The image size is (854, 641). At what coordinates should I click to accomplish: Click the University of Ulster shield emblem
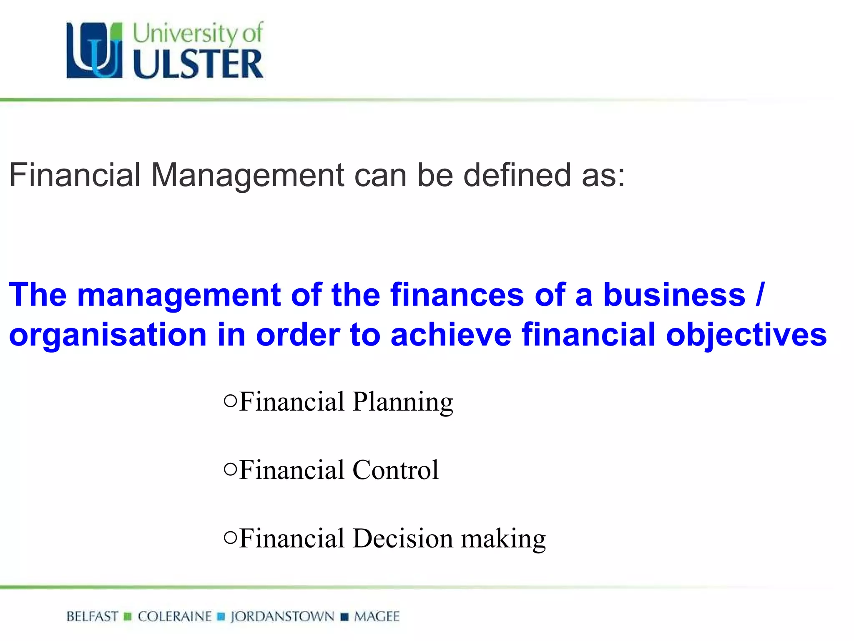[95, 50]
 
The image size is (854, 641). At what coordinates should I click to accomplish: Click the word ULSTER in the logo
[198, 64]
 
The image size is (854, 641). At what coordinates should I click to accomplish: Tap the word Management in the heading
[248, 175]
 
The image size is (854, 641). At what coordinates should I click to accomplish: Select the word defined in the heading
[517, 174]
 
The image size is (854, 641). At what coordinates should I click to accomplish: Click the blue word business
[674, 295]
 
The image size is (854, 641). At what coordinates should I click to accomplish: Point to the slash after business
[760, 295]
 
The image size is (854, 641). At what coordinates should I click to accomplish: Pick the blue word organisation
[108, 335]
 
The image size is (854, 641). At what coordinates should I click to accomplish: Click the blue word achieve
[451, 335]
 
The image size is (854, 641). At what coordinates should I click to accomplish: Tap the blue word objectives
[746, 335]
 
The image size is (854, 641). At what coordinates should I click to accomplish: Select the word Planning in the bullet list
[403, 402]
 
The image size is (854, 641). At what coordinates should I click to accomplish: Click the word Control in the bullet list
[395, 470]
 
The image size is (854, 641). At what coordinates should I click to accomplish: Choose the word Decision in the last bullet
[402, 538]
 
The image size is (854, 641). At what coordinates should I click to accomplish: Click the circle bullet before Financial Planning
[230, 401]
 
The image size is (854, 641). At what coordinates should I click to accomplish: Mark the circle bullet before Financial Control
[230, 469]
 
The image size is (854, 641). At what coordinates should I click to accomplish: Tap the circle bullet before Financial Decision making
[230, 537]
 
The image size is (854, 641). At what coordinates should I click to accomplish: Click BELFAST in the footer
[92, 616]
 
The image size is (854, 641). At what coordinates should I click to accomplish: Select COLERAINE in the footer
[175, 616]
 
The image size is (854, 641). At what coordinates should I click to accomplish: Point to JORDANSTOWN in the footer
[282, 616]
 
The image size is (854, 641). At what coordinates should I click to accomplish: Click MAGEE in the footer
[377, 616]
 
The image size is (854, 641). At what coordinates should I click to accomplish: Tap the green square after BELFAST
[128, 616]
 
